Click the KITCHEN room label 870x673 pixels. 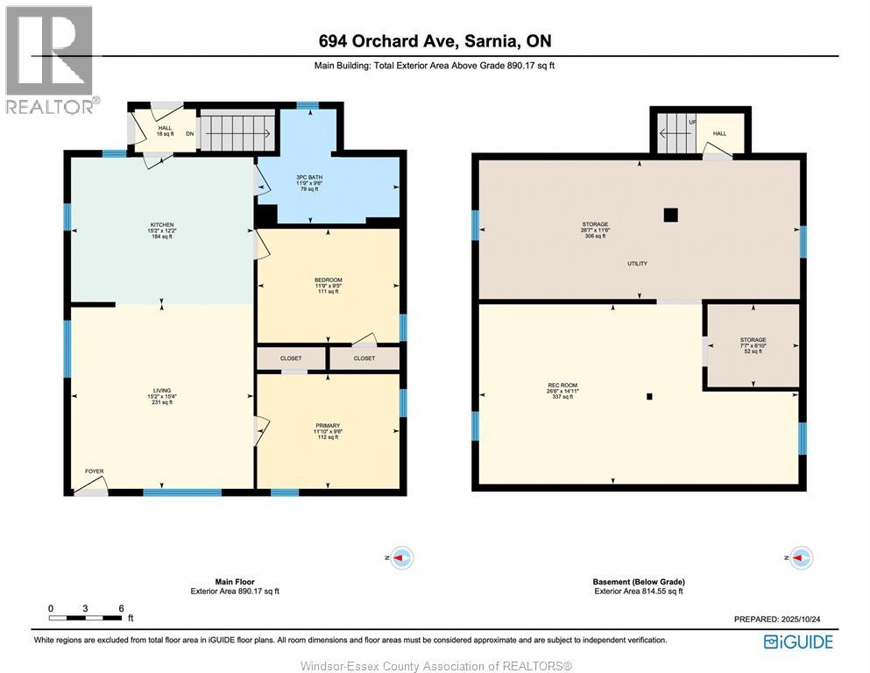(x=161, y=224)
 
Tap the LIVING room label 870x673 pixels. (x=161, y=390)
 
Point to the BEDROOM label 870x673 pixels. (x=328, y=280)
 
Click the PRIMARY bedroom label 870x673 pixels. (x=327, y=425)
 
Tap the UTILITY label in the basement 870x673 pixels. (x=637, y=264)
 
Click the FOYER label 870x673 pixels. (x=94, y=471)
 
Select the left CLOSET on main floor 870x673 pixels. (x=291, y=358)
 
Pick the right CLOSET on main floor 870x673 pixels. (x=364, y=358)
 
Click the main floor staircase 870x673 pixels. (x=234, y=131)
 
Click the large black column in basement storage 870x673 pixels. (x=670, y=214)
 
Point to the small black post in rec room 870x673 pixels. (x=649, y=396)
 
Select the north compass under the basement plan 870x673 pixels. (x=800, y=557)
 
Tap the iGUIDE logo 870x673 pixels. (x=797, y=642)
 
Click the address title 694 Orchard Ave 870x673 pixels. (x=435, y=41)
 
